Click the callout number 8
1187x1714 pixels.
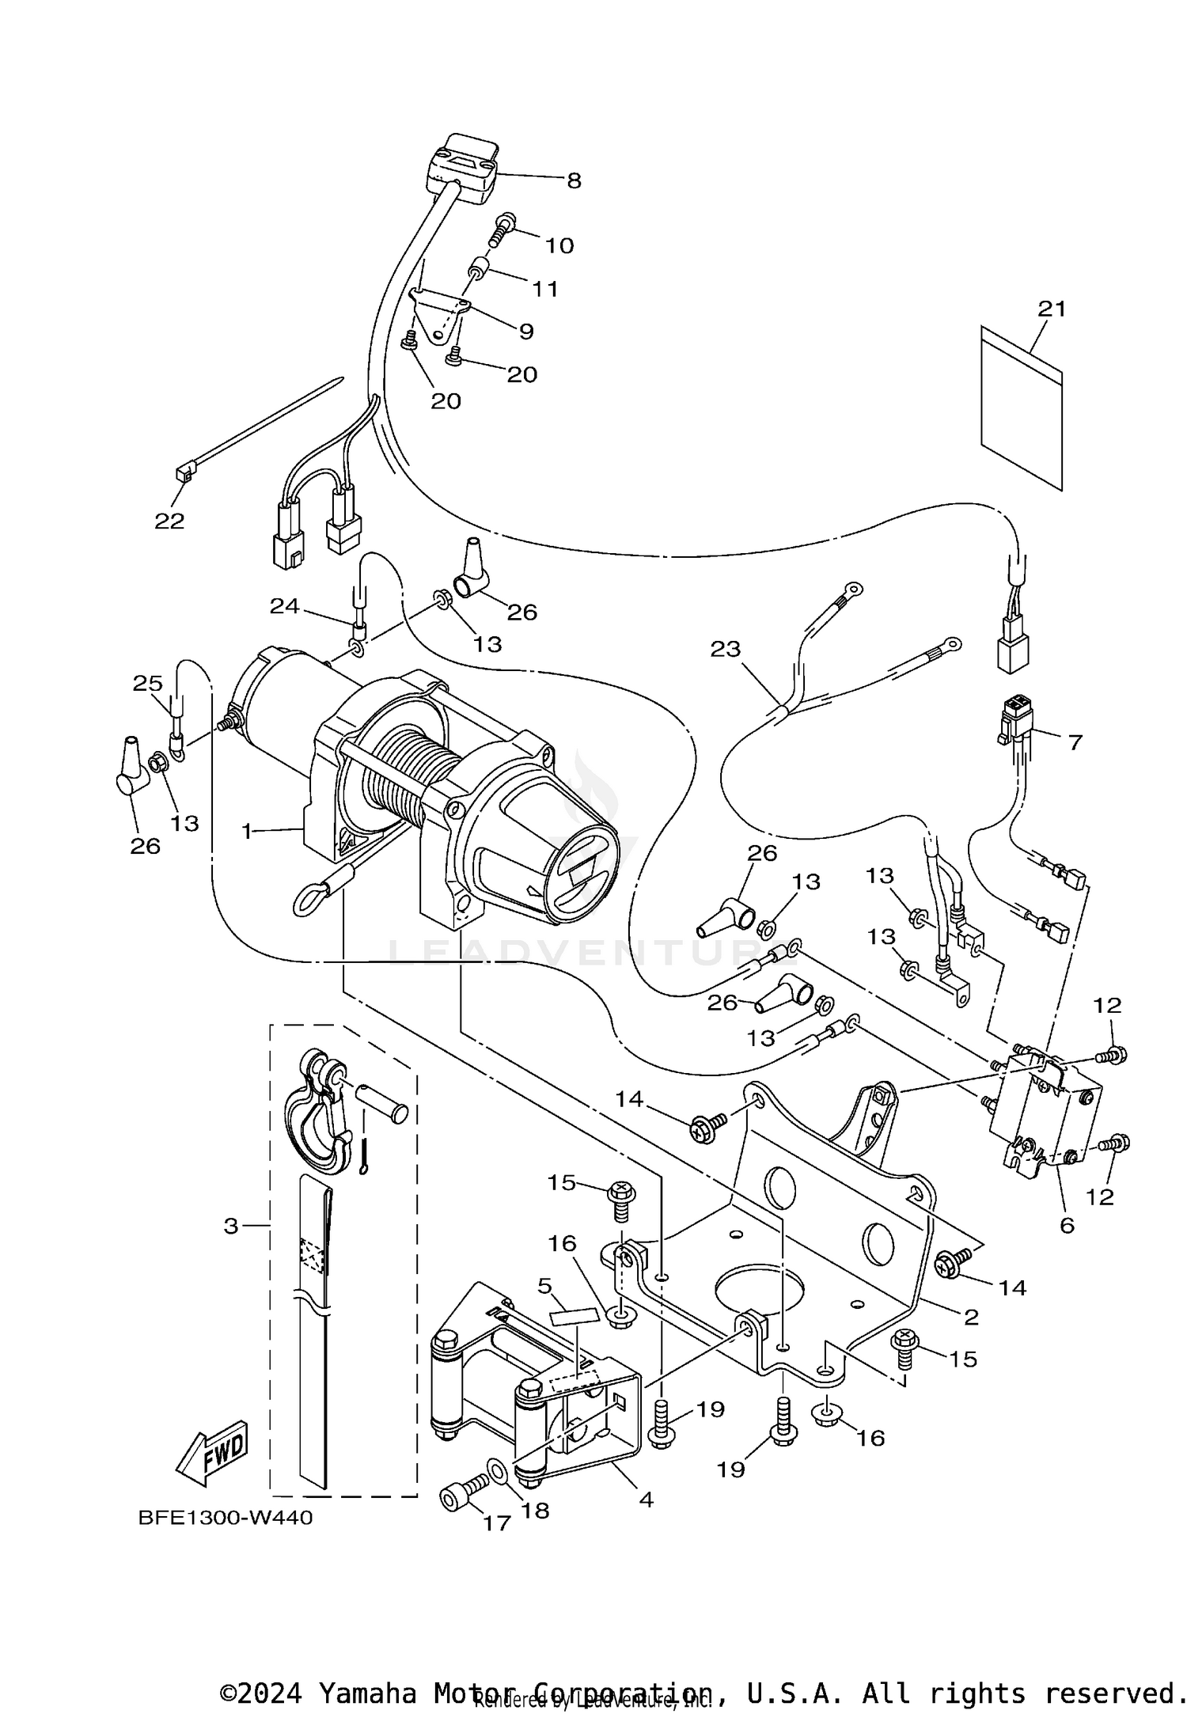574,181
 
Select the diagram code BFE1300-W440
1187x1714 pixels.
226,1518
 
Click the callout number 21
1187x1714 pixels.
1052,309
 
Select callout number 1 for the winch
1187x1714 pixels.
247,831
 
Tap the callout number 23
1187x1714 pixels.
725,650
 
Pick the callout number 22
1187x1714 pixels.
169,521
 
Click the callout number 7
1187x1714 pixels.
1075,742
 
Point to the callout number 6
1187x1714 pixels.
1067,1226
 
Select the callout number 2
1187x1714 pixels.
971,1317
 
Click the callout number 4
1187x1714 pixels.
647,1499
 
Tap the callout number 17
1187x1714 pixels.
497,1523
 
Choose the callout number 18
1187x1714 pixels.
536,1511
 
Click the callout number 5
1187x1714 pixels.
545,1286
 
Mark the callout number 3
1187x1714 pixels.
231,1226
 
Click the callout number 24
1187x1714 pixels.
285,606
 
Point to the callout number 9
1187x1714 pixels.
526,332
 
